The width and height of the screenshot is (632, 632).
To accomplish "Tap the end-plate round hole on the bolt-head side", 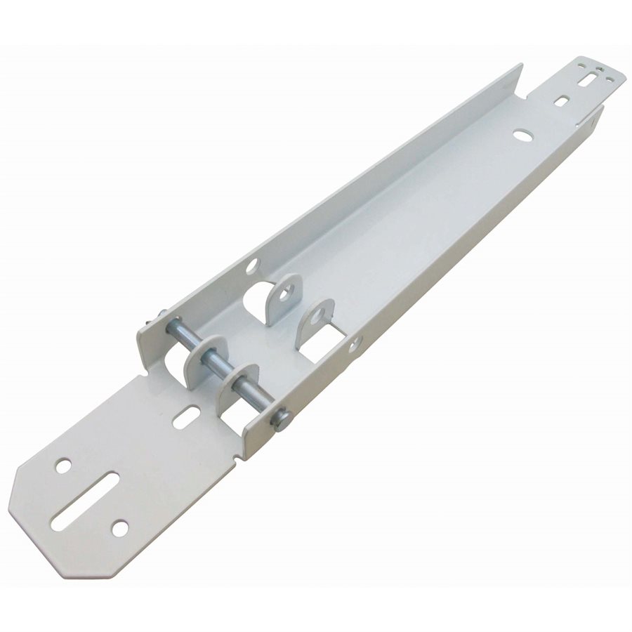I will [x=120, y=527].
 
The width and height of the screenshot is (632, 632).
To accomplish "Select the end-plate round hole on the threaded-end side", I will [x=63, y=464].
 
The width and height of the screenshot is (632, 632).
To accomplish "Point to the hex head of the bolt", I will [x=282, y=420].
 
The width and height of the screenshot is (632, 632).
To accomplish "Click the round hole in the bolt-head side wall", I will [x=355, y=343].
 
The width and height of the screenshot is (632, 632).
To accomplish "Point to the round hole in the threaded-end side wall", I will [x=252, y=265].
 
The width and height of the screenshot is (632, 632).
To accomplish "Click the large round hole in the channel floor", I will [x=522, y=133].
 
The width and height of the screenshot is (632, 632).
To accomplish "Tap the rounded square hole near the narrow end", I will [x=561, y=101].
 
